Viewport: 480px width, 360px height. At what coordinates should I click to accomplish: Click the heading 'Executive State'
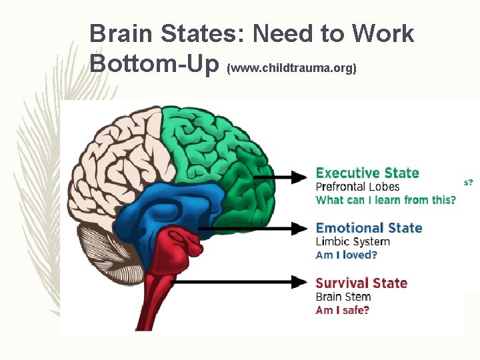tap(367, 173)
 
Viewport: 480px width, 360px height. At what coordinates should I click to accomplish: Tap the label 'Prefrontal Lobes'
tap(357, 187)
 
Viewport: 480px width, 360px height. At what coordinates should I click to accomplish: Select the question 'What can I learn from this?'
tap(386, 200)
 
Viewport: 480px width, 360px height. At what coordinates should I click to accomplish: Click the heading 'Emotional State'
tap(369, 228)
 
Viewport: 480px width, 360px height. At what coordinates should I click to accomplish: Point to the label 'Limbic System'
tap(352, 241)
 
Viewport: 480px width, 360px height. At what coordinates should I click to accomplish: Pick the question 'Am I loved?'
tap(346, 255)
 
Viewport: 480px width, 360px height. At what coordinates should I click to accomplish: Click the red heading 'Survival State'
tap(361, 283)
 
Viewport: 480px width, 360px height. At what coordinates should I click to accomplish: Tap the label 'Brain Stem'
tap(343, 297)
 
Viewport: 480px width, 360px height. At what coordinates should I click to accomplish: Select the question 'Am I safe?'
tap(342, 310)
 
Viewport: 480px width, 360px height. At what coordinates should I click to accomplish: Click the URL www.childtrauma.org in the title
tap(292, 68)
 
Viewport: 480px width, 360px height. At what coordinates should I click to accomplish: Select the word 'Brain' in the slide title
tap(121, 33)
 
